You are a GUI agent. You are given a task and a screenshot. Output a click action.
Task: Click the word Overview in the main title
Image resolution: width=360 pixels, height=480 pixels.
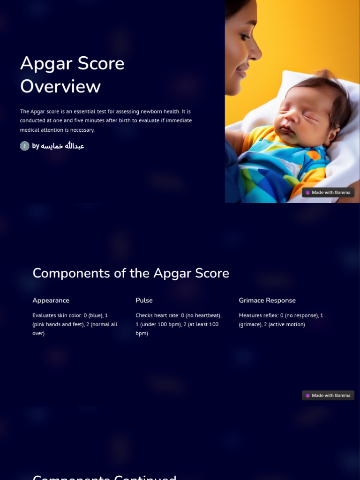(x=60, y=87)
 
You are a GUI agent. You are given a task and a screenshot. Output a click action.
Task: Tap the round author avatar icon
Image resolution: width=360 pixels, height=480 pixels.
(x=25, y=146)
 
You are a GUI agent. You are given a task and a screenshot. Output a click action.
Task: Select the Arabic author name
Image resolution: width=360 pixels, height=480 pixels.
(x=62, y=146)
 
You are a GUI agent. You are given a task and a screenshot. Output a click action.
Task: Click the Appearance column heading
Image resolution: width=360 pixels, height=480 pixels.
(x=51, y=300)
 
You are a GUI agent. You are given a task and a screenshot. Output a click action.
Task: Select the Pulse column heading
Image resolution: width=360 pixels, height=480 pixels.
(x=144, y=300)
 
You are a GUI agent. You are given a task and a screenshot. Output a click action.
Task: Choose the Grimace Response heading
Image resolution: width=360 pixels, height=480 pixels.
(x=267, y=300)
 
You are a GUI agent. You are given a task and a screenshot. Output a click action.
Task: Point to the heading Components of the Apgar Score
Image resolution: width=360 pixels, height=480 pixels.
(x=131, y=273)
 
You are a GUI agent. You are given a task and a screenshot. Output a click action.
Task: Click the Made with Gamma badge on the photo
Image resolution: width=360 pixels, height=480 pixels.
(x=328, y=193)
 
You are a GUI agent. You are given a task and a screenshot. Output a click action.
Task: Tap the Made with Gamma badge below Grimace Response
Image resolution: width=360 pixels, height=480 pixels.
(x=328, y=396)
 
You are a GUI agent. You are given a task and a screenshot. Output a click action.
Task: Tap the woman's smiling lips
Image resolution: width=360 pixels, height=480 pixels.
(x=242, y=72)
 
